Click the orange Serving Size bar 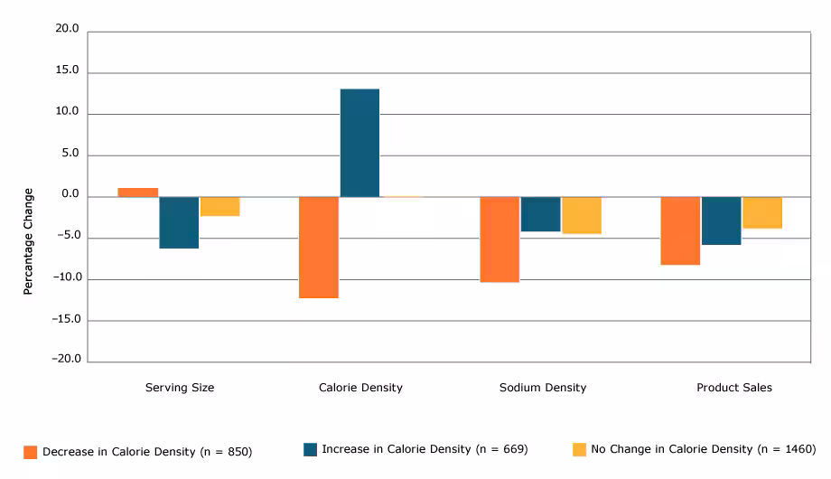tap(137, 193)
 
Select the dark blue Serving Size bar tap(179, 222)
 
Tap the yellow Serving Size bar tap(220, 206)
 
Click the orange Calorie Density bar tap(319, 247)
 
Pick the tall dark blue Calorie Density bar tap(359, 143)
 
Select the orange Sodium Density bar tap(500, 239)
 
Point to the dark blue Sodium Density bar tap(540, 214)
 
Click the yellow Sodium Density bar tap(582, 215)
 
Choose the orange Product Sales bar tap(680, 230)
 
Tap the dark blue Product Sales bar tap(721, 221)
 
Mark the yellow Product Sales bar tap(762, 212)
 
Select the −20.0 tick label tap(65, 360)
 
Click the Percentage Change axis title tap(28, 241)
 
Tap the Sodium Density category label tap(542, 388)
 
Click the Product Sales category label tap(733, 388)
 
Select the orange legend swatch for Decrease tap(31, 452)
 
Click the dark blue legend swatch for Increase tap(311, 449)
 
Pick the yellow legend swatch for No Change tap(579, 449)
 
